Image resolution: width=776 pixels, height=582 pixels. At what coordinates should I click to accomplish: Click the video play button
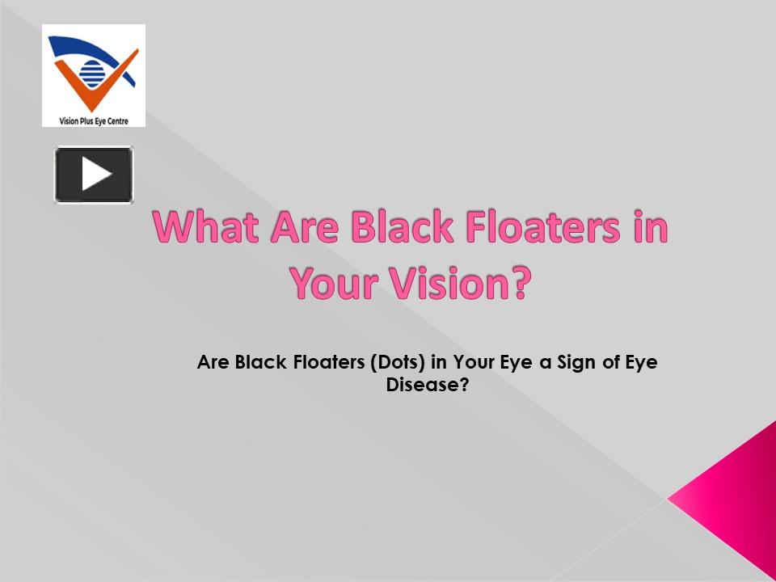coord(94,174)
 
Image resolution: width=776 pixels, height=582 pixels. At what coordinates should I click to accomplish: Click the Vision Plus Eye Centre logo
coord(94,75)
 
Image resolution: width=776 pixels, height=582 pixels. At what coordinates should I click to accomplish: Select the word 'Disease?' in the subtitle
coord(428,385)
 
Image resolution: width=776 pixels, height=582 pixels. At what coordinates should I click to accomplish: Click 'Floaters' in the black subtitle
coord(328,362)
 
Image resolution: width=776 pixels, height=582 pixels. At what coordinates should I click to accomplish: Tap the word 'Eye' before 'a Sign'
coord(517,362)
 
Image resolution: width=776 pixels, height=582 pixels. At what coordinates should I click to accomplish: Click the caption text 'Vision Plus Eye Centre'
coord(94,121)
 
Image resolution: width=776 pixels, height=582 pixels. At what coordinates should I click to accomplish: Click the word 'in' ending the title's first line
coord(650,229)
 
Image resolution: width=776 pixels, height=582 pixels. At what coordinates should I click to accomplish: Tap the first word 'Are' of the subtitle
coord(213,362)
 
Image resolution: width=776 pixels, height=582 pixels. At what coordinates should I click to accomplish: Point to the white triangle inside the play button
coord(96,174)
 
